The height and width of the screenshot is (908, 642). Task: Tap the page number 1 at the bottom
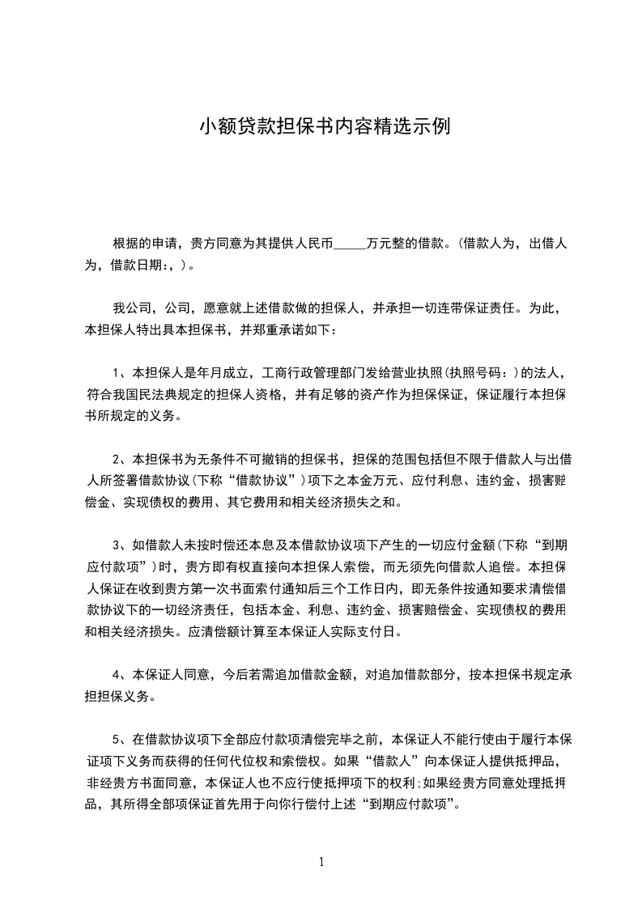(x=321, y=862)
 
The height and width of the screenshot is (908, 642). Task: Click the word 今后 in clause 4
(x=235, y=674)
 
